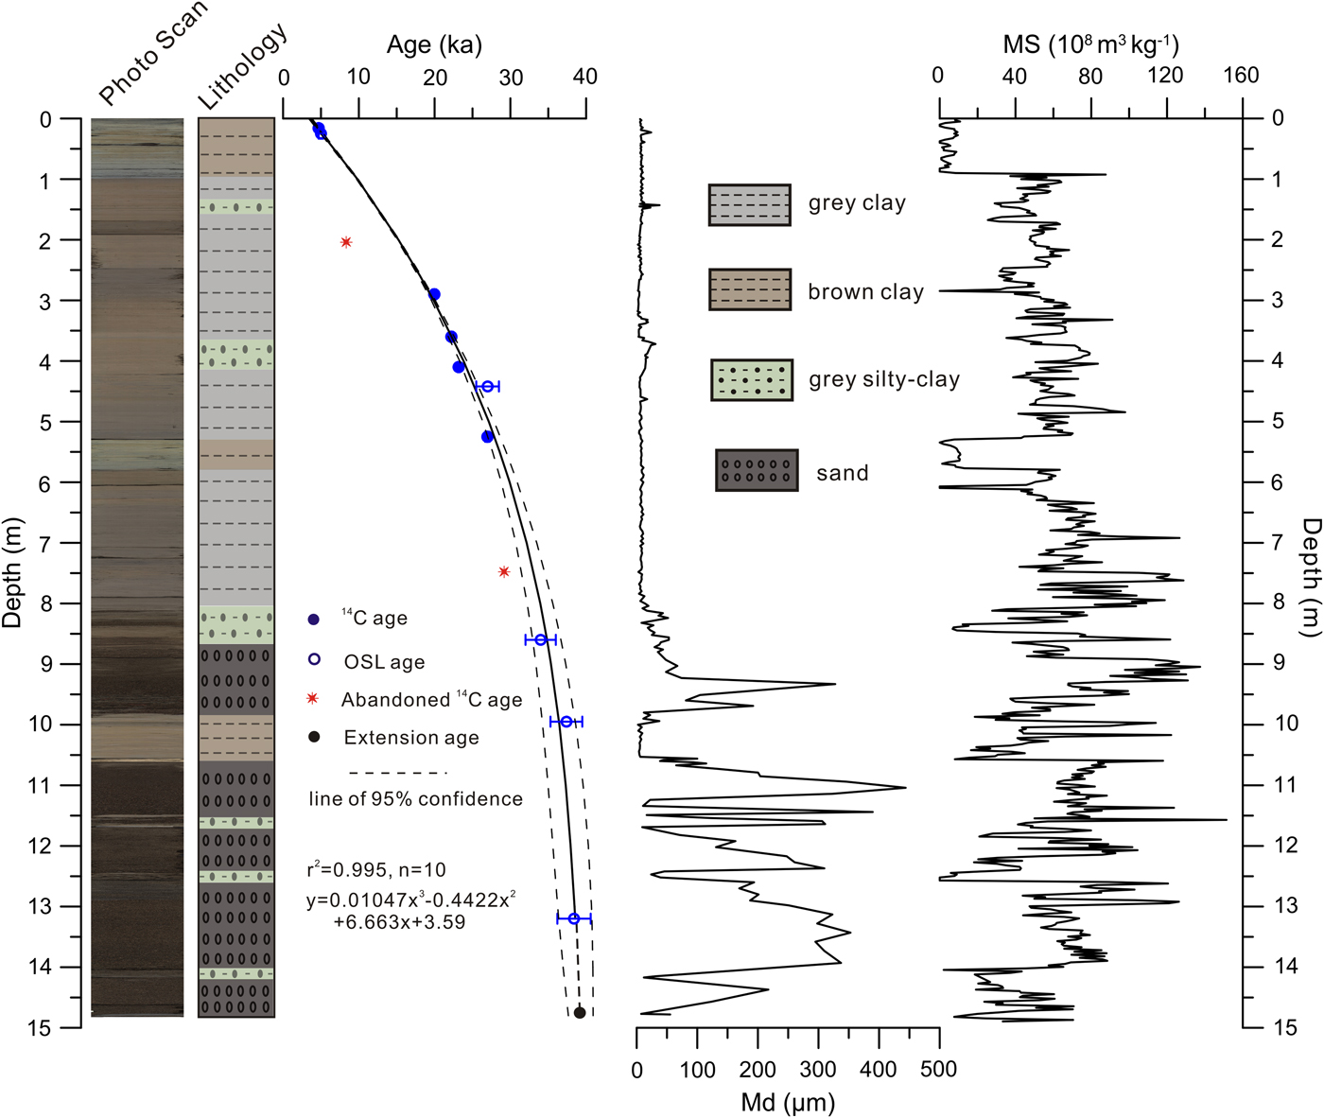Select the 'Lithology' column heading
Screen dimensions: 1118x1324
coord(242,66)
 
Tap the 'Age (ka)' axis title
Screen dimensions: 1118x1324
coord(434,44)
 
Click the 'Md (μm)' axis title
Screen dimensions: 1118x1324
coord(788,1102)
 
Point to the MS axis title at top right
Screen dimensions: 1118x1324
coord(1090,44)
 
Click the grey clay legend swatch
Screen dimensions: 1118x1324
coord(750,204)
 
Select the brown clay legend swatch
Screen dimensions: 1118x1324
coord(750,289)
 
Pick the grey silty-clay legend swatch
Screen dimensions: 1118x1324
coord(752,379)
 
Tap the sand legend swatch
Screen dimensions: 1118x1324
coord(757,470)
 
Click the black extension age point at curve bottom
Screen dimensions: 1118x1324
coord(580,1013)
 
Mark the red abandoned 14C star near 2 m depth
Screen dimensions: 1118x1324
coord(346,242)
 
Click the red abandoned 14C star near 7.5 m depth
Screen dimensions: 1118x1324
coord(504,571)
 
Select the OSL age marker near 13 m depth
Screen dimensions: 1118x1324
coord(574,918)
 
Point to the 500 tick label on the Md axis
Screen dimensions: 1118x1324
coord(938,1070)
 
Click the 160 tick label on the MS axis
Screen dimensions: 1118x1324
coord(1241,76)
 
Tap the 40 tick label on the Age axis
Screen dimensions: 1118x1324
coord(585,77)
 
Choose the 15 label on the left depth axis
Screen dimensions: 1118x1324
coord(40,1027)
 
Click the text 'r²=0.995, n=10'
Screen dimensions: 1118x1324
coord(375,869)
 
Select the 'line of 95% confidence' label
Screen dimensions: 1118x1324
coord(415,799)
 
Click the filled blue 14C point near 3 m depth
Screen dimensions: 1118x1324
coord(434,294)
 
